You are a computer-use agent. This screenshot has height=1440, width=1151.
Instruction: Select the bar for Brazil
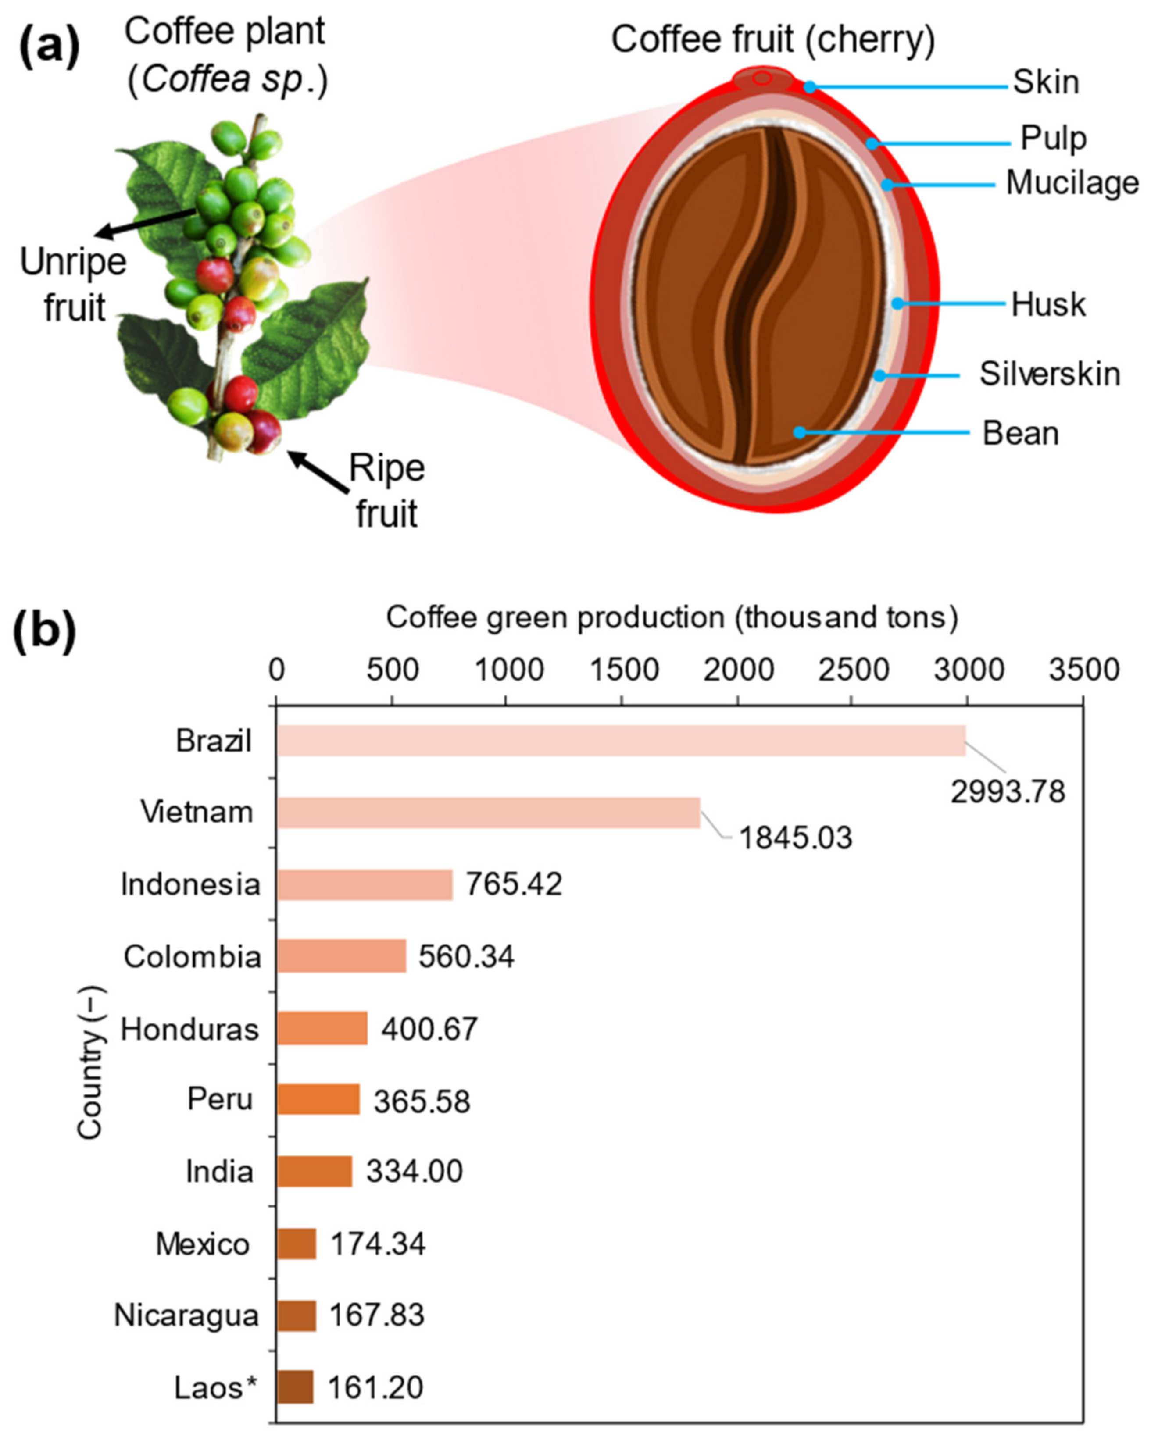(621, 740)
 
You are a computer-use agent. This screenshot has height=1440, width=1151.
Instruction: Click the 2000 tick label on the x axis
(739, 669)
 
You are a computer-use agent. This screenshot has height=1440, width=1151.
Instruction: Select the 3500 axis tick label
(1083, 669)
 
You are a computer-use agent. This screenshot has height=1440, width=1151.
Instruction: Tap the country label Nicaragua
(186, 1315)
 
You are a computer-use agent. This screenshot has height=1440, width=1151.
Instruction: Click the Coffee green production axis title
(672, 617)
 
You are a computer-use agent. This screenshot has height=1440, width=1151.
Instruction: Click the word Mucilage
(1072, 183)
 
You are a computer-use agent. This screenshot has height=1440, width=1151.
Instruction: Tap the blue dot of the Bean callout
(799, 433)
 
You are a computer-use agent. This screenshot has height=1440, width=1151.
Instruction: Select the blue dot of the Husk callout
(898, 304)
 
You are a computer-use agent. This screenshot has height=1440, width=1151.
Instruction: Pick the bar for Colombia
(341, 956)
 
